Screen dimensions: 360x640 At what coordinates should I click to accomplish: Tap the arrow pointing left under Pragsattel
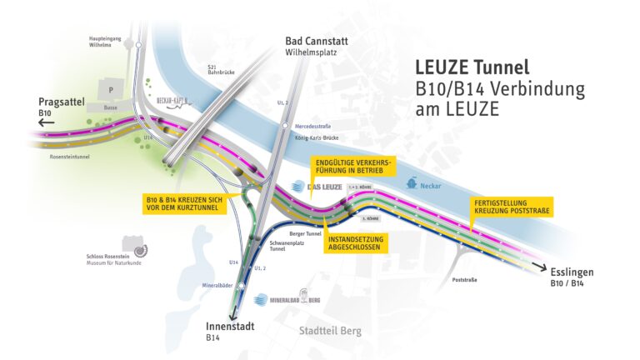coord(45,122)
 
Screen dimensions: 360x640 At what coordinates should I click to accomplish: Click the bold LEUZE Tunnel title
coord(472,68)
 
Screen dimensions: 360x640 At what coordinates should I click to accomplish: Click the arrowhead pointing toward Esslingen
coord(542,269)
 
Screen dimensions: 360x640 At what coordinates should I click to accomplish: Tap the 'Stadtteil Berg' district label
coord(331,331)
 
